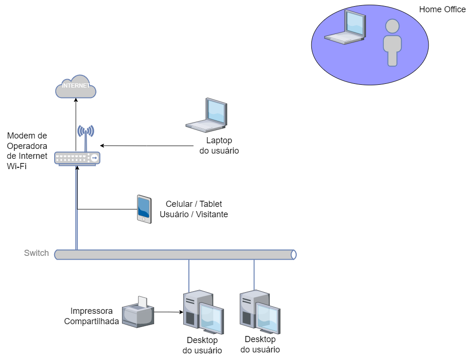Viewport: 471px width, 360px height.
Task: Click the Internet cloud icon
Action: point(76,87)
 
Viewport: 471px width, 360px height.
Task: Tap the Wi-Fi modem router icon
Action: point(77,158)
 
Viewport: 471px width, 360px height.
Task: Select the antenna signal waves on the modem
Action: point(86,131)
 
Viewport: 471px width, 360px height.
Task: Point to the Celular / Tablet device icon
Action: point(144,209)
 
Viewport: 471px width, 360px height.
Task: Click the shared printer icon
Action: point(138,312)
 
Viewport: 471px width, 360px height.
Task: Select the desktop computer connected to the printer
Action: point(203,312)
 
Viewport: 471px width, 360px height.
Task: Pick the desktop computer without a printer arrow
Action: point(260,312)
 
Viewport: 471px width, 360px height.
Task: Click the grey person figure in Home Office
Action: point(392,43)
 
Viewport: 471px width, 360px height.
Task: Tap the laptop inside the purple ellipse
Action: point(345,27)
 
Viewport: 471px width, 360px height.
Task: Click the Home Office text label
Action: point(442,9)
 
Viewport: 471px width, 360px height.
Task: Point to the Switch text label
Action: point(36,253)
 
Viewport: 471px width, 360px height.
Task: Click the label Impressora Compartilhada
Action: point(91,316)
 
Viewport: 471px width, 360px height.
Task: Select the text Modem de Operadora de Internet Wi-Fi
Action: point(27,151)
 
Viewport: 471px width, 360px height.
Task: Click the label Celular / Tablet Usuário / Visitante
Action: point(194,209)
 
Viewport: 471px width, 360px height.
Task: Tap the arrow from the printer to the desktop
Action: point(169,312)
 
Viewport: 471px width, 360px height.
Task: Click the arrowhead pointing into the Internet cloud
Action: point(76,100)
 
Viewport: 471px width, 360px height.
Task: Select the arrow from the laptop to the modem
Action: point(146,146)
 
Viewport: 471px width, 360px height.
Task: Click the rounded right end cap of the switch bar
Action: point(293,255)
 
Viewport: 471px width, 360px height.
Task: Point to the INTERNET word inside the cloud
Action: point(76,86)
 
